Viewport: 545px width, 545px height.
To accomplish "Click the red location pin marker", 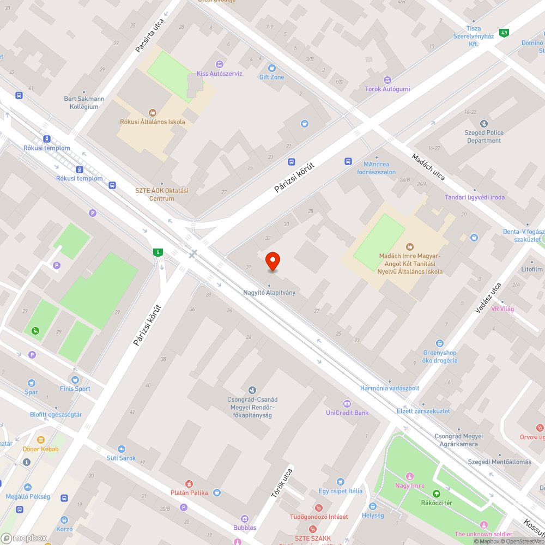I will point(272,262).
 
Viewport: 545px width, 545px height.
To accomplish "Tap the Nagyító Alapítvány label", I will point(269,293).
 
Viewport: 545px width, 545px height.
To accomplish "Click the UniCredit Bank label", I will point(347,413).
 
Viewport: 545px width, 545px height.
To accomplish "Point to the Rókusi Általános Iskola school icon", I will point(153,112).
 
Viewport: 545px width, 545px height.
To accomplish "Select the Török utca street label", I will point(282,483).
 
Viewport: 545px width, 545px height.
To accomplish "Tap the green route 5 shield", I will point(158,252).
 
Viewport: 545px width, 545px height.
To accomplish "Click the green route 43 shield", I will point(504,33).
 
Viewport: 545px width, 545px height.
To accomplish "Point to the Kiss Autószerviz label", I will point(219,74).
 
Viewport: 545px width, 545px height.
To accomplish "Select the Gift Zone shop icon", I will point(271,68).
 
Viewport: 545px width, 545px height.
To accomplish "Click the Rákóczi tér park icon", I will point(435,493).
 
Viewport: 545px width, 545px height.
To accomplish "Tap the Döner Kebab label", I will point(40,449).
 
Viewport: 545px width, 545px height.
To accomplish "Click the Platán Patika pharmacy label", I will point(188,493).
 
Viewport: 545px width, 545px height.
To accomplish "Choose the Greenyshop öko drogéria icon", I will point(440,343).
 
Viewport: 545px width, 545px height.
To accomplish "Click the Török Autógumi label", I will point(387,89).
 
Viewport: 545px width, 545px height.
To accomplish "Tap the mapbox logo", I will point(25,537).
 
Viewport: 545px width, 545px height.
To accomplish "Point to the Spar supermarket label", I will point(31,392).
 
